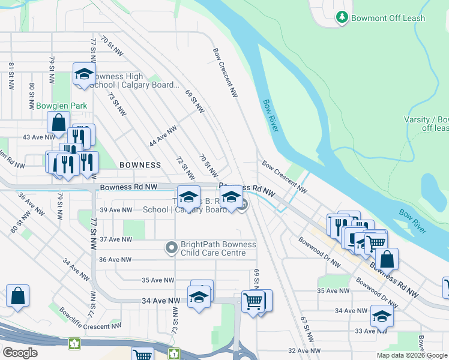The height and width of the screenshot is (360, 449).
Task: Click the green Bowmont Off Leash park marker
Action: coord(342,17)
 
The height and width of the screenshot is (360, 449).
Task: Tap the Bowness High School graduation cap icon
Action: coord(84,74)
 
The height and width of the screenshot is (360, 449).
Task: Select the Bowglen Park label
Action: coord(61,106)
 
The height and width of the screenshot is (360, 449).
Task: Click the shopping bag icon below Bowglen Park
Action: coord(59,122)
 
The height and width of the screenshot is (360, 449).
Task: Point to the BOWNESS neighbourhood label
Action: coord(140,164)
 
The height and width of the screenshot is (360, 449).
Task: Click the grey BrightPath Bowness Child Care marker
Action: coord(172,247)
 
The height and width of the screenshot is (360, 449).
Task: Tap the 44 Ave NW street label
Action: coord(163,136)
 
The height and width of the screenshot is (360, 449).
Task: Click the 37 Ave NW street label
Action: coord(116,239)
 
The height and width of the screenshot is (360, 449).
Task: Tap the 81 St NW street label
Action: coord(11,76)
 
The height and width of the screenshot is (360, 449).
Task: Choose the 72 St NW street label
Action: coord(185,168)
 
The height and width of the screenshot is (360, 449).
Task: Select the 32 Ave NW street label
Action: coord(302,350)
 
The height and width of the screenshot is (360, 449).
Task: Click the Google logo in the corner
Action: coord(20,353)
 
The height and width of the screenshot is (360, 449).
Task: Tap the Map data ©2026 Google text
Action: coord(412,355)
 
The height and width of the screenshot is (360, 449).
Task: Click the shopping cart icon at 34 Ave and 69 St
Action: coord(253,301)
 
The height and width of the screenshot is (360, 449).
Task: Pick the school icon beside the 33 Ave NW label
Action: coord(381,316)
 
